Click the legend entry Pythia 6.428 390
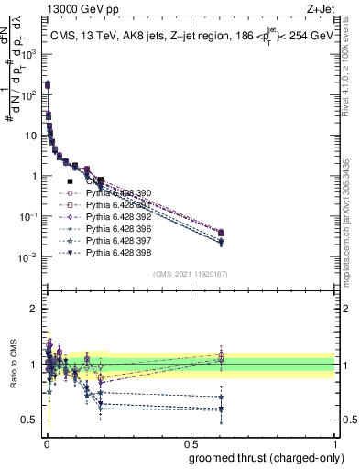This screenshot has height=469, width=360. [117, 193]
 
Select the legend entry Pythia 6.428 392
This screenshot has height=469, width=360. [117, 217]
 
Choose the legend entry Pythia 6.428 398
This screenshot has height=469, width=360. [117, 252]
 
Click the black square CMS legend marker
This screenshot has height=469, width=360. [70, 182]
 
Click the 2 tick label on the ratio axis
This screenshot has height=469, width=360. [35, 309]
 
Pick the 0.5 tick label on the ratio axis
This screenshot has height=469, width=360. [30, 420]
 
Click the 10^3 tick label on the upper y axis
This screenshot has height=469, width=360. [30, 54]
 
